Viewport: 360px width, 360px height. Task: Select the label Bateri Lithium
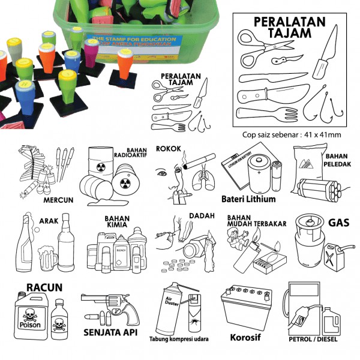(x=248, y=199)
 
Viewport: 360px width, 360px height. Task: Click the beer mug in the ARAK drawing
(x=47, y=257)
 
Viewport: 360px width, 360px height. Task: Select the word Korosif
(x=246, y=337)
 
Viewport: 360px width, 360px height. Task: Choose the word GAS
(x=339, y=223)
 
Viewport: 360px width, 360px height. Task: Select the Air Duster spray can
(x=172, y=310)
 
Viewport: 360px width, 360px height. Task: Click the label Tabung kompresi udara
(x=179, y=340)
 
